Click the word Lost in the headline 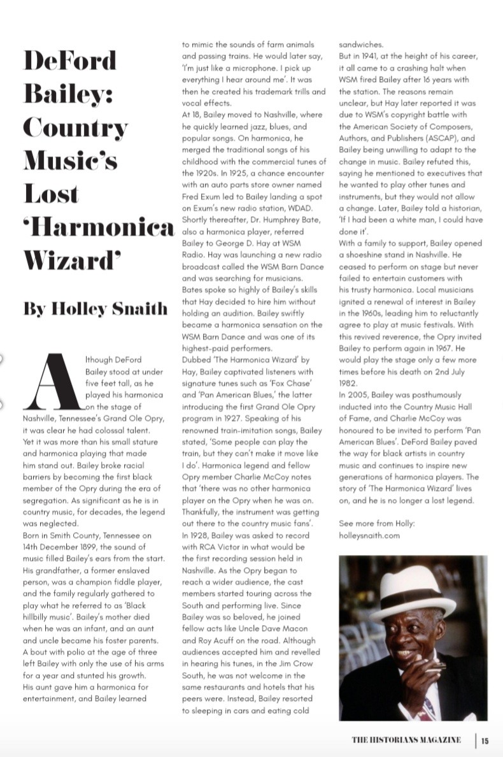click(51, 194)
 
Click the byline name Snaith click(137, 309)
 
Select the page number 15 click(485, 740)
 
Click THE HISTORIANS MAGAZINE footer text click(406, 740)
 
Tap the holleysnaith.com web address click(369, 536)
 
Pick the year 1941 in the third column click(377, 57)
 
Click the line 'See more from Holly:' click(376, 524)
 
